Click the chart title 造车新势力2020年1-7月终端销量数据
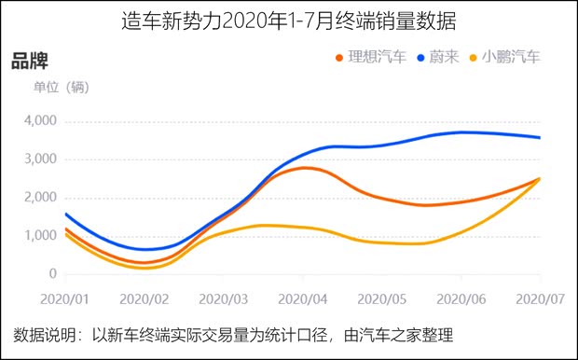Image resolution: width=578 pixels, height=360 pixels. [x=288, y=21]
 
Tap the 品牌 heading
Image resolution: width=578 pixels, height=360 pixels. [x=30, y=61]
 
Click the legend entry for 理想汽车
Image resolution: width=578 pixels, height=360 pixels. [x=370, y=58]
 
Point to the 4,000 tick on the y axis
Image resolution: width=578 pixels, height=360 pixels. [x=39, y=121]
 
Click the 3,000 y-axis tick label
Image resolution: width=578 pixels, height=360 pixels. [x=39, y=159]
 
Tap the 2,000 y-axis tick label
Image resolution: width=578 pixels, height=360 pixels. [x=39, y=198]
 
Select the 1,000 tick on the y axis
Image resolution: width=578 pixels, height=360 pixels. [x=39, y=236]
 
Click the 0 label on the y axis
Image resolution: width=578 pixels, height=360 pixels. [x=52, y=274]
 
